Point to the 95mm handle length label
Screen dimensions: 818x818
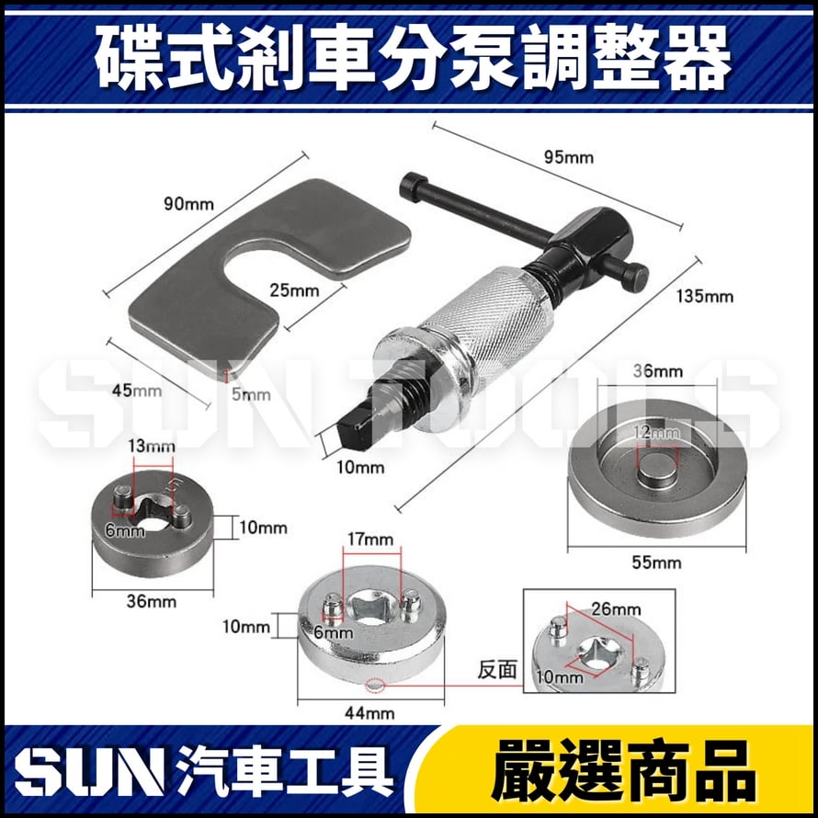click(568, 156)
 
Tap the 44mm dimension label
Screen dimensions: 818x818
click(371, 712)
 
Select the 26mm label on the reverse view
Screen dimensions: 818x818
click(616, 608)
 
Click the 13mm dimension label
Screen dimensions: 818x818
click(153, 448)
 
